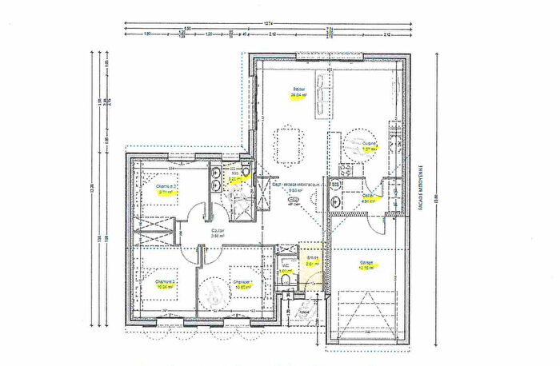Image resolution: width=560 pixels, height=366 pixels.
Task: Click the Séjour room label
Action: (x=298, y=89)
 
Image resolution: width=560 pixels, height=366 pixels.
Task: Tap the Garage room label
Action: (x=366, y=261)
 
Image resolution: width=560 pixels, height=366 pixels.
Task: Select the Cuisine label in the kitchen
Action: (x=369, y=144)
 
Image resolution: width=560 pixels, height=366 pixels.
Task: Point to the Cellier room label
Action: (x=369, y=196)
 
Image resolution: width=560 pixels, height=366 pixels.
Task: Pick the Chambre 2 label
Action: (x=166, y=281)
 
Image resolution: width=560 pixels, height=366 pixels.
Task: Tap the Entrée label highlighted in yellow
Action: (x=313, y=257)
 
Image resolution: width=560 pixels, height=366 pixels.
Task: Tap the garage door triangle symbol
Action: (x=365, y=316)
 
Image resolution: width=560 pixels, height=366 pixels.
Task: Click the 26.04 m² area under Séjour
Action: (x=298, y=95)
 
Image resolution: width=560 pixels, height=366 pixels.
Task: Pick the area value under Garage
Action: (x=366, y=268)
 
